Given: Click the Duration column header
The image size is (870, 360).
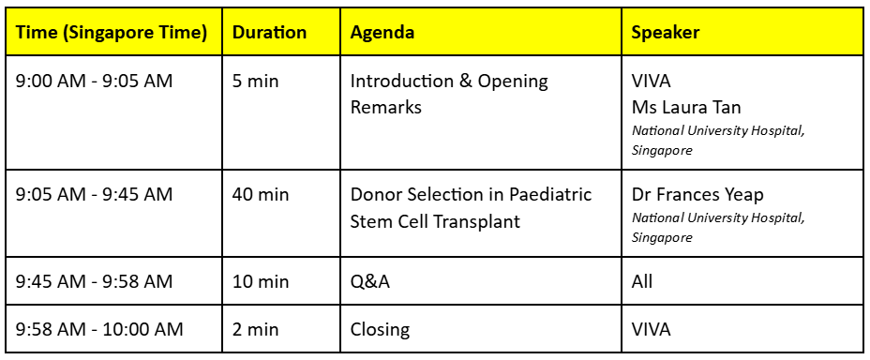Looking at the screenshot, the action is pyautogui.click(x=269, y=32).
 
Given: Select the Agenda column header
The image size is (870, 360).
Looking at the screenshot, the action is pyautogui.click(x=382, y=33).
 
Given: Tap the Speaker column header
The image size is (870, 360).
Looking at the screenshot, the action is pyautogui.click(x=666, y=33).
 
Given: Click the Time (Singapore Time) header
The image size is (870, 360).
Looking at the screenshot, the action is pyautogui.click(x=112, y=33).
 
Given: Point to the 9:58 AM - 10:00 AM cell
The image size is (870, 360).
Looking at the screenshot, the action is pyautogui.click(x=99, y=329).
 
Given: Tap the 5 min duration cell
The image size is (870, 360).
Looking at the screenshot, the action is pyautogui.click(x=255, y=82).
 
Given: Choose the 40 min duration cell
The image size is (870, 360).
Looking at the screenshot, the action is pyautogui.click(x=261, y=195).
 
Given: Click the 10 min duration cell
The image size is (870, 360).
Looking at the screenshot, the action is pyautogui.click(x=261, y=281).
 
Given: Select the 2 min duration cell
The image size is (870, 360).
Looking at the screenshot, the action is pyautogui.click(x=255, y=329).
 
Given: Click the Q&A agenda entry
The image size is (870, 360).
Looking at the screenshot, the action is pyautogui.click(x=369, y=281).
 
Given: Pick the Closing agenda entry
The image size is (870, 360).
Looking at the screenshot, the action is pyautogui.click(x=380, y=330).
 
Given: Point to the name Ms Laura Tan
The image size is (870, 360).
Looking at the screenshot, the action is pyautogui.click(x=686, y=107).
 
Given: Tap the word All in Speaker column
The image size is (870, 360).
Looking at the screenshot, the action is pyautogui.click(x=642, y=281).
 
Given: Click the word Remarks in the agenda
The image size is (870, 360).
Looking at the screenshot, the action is pyautogui.click(x=385, y=107).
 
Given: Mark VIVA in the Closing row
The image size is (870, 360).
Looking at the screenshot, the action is pyautogui.click(x=651, y=329).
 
